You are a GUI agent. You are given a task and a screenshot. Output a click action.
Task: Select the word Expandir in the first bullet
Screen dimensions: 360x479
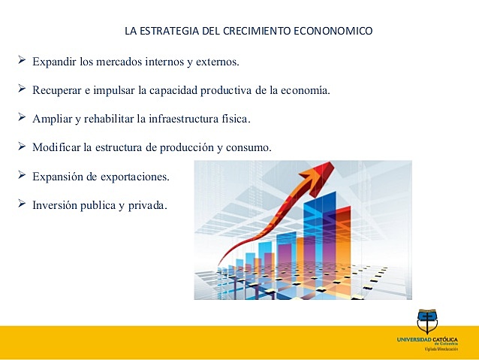pos(53,61)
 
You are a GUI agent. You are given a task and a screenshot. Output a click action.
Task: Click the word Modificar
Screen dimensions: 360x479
pos(56,147)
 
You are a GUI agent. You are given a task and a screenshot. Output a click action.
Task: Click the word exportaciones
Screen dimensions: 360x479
pos(135,176)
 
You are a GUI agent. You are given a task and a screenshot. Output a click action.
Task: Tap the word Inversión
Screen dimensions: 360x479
pos(55,204)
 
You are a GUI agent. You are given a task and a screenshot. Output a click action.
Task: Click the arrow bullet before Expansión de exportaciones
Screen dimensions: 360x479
pos(21,174)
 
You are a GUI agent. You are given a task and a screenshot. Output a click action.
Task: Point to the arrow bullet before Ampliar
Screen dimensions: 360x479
pos(21,117)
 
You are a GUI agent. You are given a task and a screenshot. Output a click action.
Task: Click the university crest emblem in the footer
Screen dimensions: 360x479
pos(427,322)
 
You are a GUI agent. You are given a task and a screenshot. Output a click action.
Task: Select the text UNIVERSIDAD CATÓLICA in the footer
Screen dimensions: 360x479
pos(427,340)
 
